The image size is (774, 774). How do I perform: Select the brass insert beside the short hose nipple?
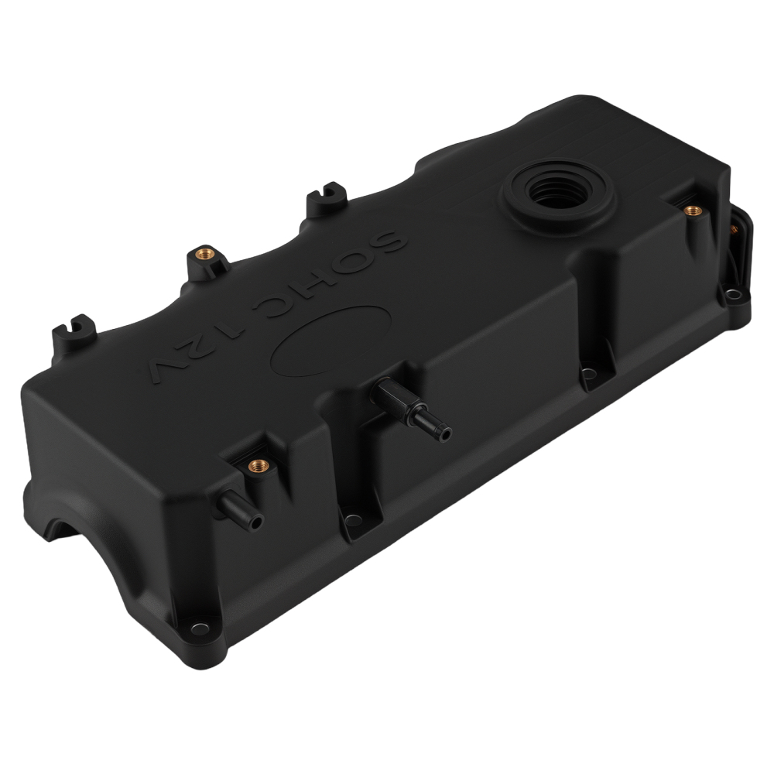click(x=255, y=467)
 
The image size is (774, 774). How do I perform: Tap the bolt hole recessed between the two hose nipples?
click(x=353, y=519)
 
